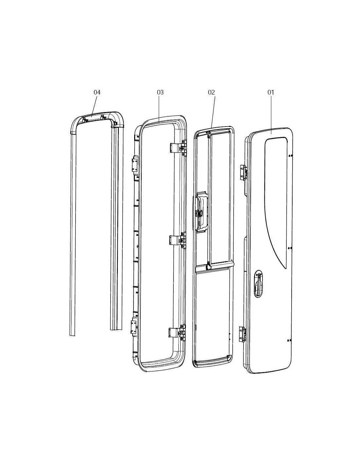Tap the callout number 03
pos(160,92)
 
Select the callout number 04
pos(97,92)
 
